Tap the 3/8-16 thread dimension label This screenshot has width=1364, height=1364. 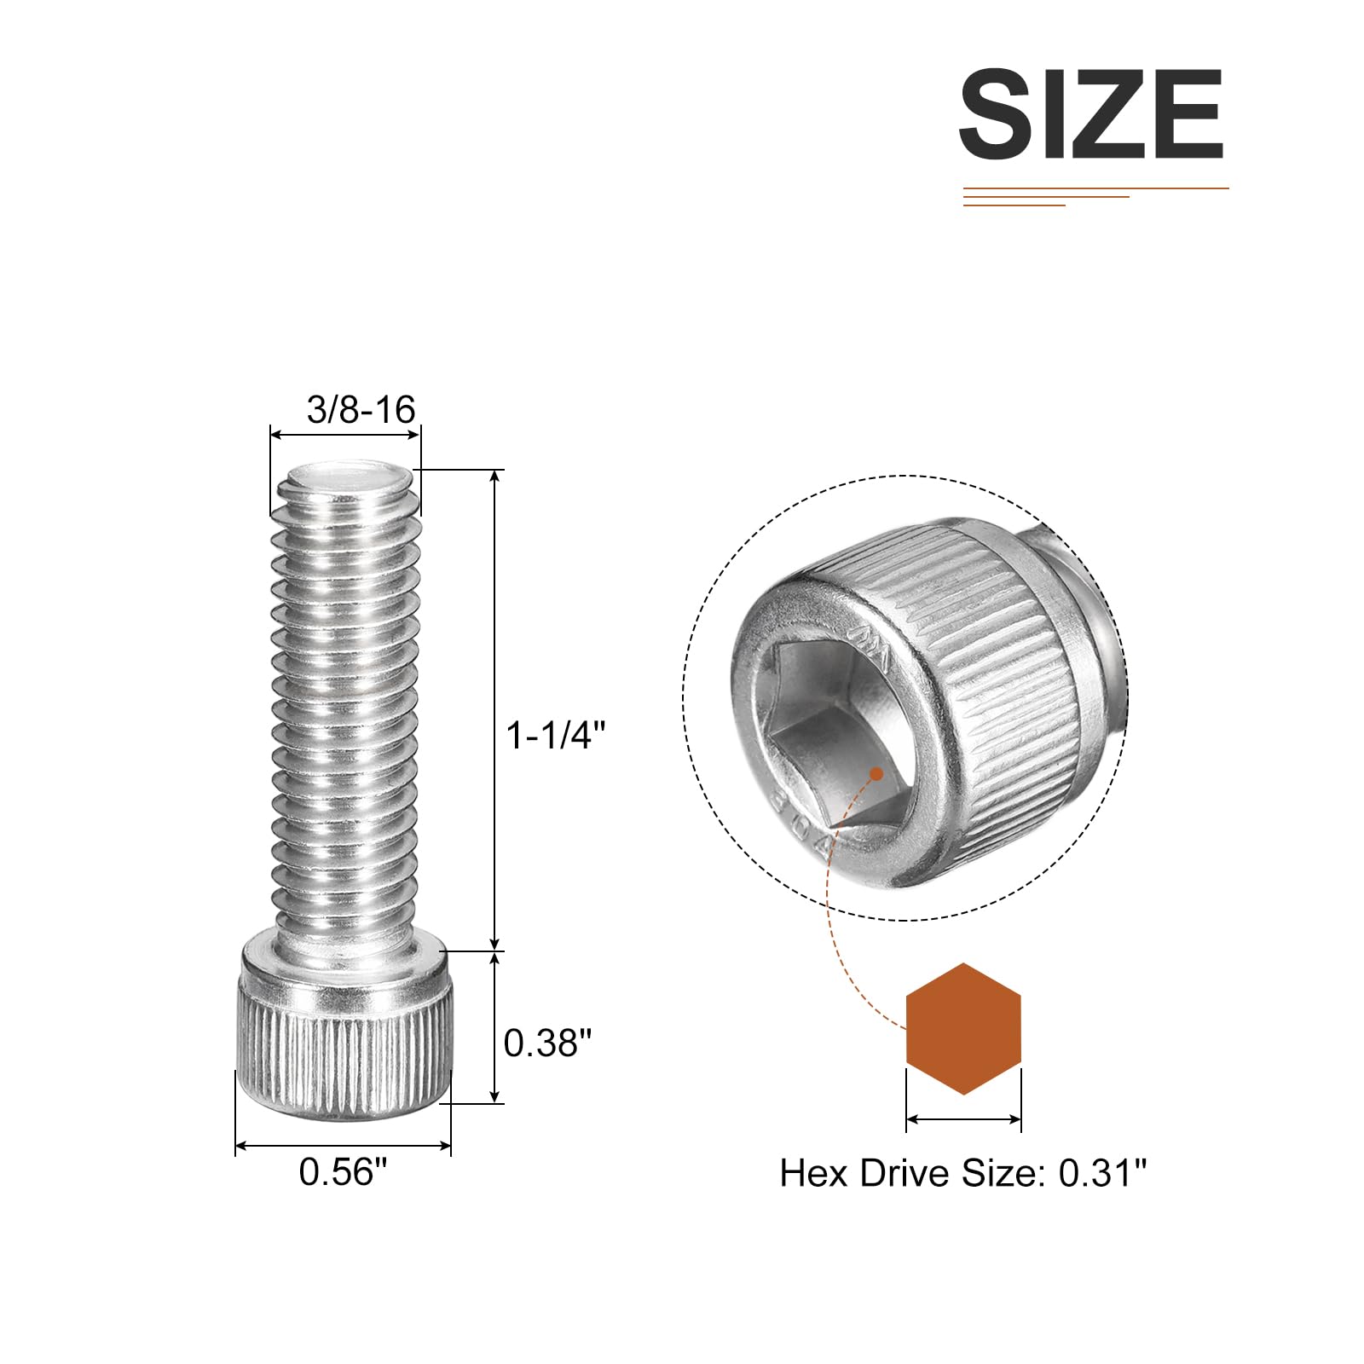(x=361, y=410)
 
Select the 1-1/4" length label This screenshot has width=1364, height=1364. (x=555, y=735)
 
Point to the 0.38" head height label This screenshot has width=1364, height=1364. (x=547, y=1043)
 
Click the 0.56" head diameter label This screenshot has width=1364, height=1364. (x=343, y=1171)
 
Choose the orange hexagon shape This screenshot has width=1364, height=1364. (x=963, y=1028)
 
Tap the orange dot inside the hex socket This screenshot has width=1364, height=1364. (x=876, y=774)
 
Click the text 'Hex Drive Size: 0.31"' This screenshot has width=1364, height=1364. (x=963, y=1173)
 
